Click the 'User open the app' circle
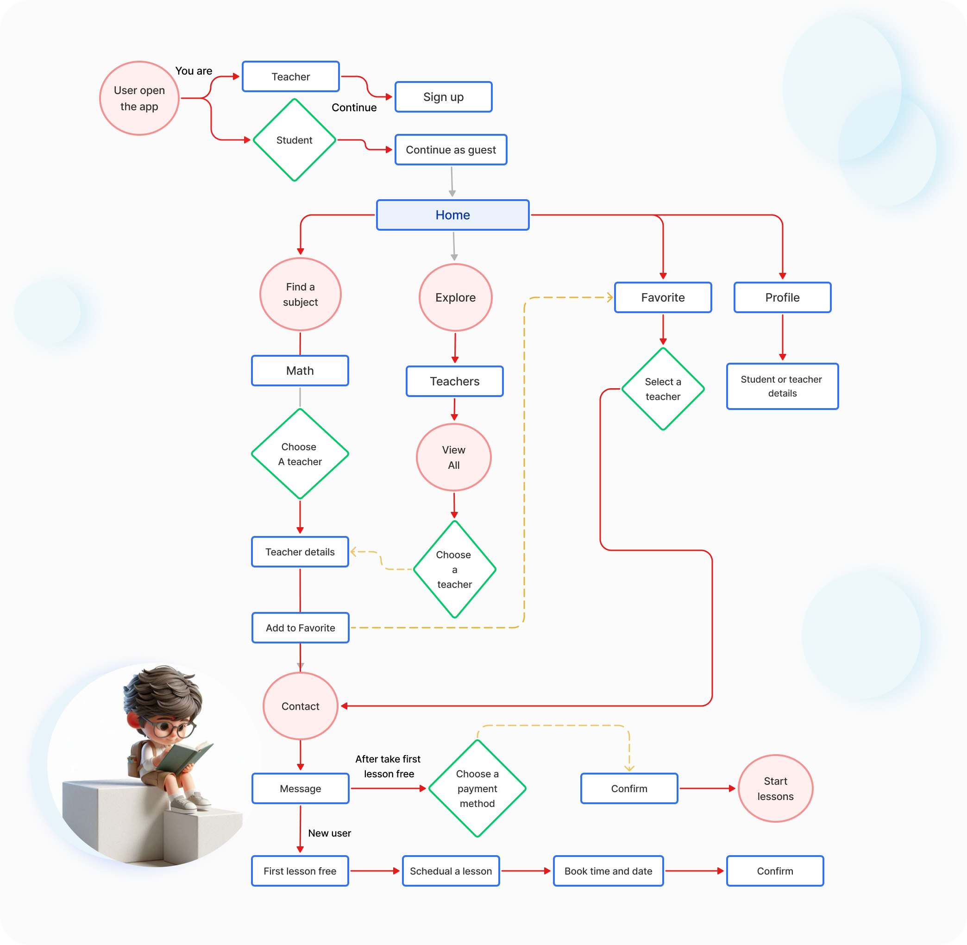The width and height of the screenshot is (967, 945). click(x=139, y=98)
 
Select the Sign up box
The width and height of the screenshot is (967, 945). click(x=444, y=97)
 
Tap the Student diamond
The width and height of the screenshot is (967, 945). click(x=295, y=140)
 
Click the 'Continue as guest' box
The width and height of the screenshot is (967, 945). click(x=451, y=149)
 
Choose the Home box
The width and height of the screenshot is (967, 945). click(x=453, y=215)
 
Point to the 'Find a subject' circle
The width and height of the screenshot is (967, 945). click(x=301, y=294)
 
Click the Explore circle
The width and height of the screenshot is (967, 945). click(x=455, y=297)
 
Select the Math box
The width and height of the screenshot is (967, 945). click(x=300, y=371)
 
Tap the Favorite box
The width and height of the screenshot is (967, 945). click(x=663, y=297)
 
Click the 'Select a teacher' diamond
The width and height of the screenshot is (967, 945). click(x=663, y=389)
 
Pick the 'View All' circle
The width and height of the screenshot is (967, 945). click(x=454, y=457)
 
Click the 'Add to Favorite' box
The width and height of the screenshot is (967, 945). click(x=301, y=628)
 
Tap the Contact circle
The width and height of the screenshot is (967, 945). click(x=301, y=706)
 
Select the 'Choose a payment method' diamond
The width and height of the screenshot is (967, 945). click(x=477, y=788)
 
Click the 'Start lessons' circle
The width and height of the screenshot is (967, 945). click(x=775, y=788)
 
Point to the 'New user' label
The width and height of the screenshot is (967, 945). click(x=329, y=833)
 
